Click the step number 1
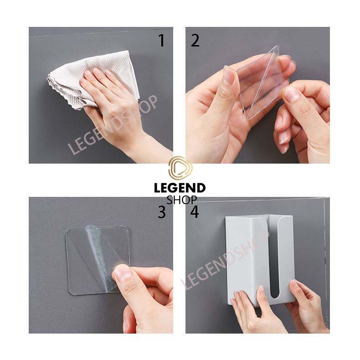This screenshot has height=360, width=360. [x=162, y=41]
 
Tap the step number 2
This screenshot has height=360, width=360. [x=195, y=41]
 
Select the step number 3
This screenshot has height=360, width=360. [x=162, y=212]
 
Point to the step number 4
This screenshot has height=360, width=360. [x=194, y=212]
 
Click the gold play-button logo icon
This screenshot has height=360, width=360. [x=180, y=167]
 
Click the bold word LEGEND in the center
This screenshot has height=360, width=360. [x=180, y=188]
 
